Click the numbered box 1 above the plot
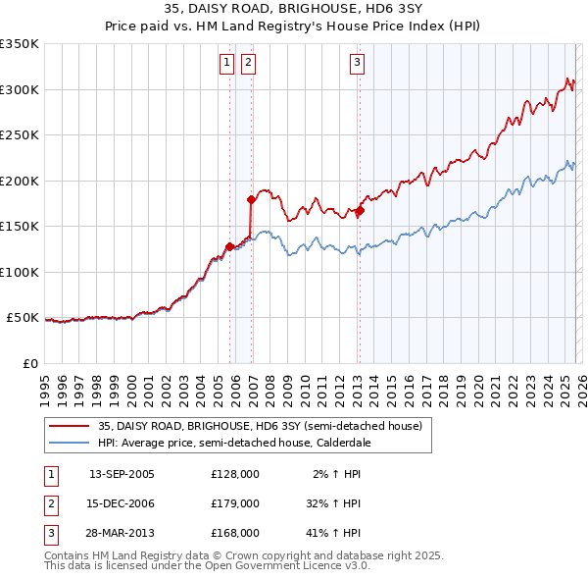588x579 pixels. [x=226, y=64]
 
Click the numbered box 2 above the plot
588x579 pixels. [x=248, y=64]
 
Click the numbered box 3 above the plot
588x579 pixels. [x=356, y=64]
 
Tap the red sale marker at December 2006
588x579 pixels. [x=251, y=199]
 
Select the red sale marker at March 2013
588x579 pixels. [x=360, y=210]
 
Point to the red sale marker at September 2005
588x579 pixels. [x=229, y=246]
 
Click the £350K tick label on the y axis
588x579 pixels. [x=20, y=44]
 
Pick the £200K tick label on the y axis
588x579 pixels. [x=20, y=181]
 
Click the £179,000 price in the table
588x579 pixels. [x=235, y=502]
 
